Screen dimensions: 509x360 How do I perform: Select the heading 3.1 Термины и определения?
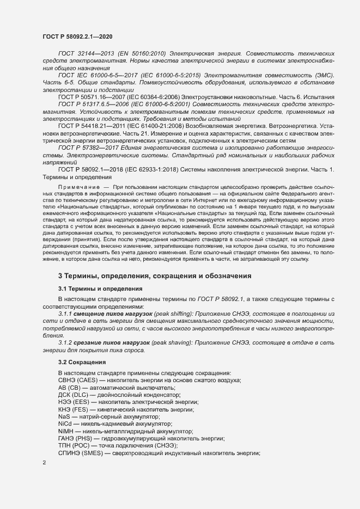point(100,288)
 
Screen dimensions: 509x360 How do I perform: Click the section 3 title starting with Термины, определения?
point(155,276)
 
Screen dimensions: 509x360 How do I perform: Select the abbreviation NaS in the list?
point(64,416)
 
